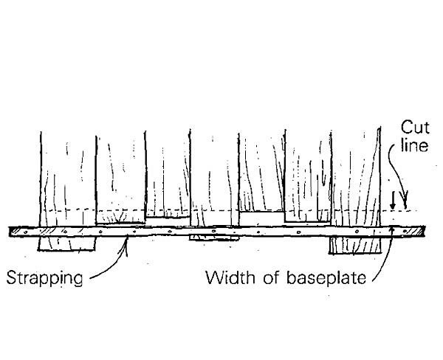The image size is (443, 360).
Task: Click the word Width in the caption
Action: click(226, 279)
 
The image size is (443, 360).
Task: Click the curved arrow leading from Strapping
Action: click(111, 265)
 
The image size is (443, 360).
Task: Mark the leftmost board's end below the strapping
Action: click(67, 243)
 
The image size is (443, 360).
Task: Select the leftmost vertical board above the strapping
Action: click(67, 177)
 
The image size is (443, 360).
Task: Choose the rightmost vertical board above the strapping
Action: click(354, 177)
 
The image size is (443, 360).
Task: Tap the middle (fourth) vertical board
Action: click(214, 177)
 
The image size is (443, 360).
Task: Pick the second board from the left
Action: click(120, 177)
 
